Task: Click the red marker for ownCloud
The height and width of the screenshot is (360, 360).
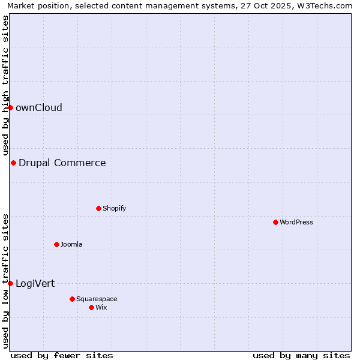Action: click(x=10, y=107)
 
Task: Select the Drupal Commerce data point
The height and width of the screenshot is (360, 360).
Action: click(x=13, y=163)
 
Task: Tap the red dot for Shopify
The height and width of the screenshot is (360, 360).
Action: click(x=98, y=208)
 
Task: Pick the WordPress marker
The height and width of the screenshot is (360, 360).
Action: click(x=275, y=222)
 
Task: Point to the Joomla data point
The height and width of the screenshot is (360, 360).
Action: click(x=56, y=244)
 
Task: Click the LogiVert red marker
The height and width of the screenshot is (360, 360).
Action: click(x=10, y=283)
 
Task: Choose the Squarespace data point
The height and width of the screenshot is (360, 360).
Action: click(x=72, y=299)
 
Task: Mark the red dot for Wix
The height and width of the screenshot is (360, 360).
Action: click(x=91, y=307)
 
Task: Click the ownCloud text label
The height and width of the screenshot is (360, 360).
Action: click(x=39, y=108)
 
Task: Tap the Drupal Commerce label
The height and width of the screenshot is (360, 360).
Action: click(x=62, y=163)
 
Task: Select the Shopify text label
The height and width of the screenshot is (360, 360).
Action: click(x=114, y=209)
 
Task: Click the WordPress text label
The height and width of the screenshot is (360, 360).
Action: click(x=296, y=223)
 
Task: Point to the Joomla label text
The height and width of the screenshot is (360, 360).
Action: click(x=71, y=245)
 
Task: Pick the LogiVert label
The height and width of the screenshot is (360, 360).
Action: click(x=35, y=284)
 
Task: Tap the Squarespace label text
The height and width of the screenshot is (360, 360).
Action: click(x=97, y=299)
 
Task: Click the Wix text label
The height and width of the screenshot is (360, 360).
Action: click(x=101, y=308)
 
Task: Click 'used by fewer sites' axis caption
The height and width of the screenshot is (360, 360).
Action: click(x=62, y=355)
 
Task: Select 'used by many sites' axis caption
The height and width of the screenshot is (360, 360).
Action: click(x=301, y=355)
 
